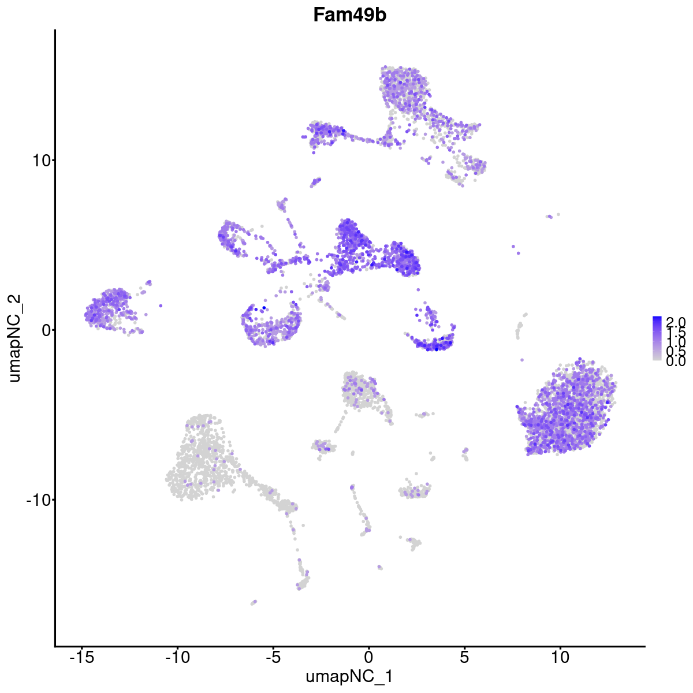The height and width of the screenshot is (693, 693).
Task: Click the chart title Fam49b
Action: (x=349, y=16)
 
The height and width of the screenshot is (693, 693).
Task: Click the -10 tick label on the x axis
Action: (x=177, y=657)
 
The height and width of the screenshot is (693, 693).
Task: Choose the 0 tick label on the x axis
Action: (x=368, y=657)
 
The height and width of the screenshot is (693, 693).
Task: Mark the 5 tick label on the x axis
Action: (x=464, y=657)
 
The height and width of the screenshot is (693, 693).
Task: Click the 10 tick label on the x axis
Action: (x=560, y=657)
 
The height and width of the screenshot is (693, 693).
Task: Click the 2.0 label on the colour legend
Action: (x=676, y=321)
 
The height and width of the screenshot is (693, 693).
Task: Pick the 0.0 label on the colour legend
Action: (x=676, y=362)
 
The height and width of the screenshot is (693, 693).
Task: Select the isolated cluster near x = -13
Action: (x=110, y=309)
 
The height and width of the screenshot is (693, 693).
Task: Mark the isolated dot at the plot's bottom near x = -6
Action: (x=253, y=602)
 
